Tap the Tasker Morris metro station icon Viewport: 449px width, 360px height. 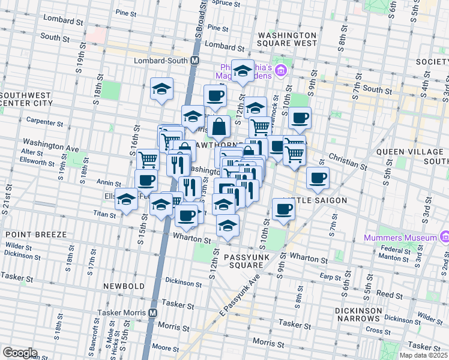pos(153,313)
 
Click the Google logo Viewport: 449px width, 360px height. pos(20,353)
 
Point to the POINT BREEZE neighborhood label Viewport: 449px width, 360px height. pos(30,233)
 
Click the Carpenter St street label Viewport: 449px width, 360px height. pos(45,122)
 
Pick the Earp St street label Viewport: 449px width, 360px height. pos(330,276)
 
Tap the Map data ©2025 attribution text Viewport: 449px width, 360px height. pos(424,355)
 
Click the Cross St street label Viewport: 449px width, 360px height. pos(379,330)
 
